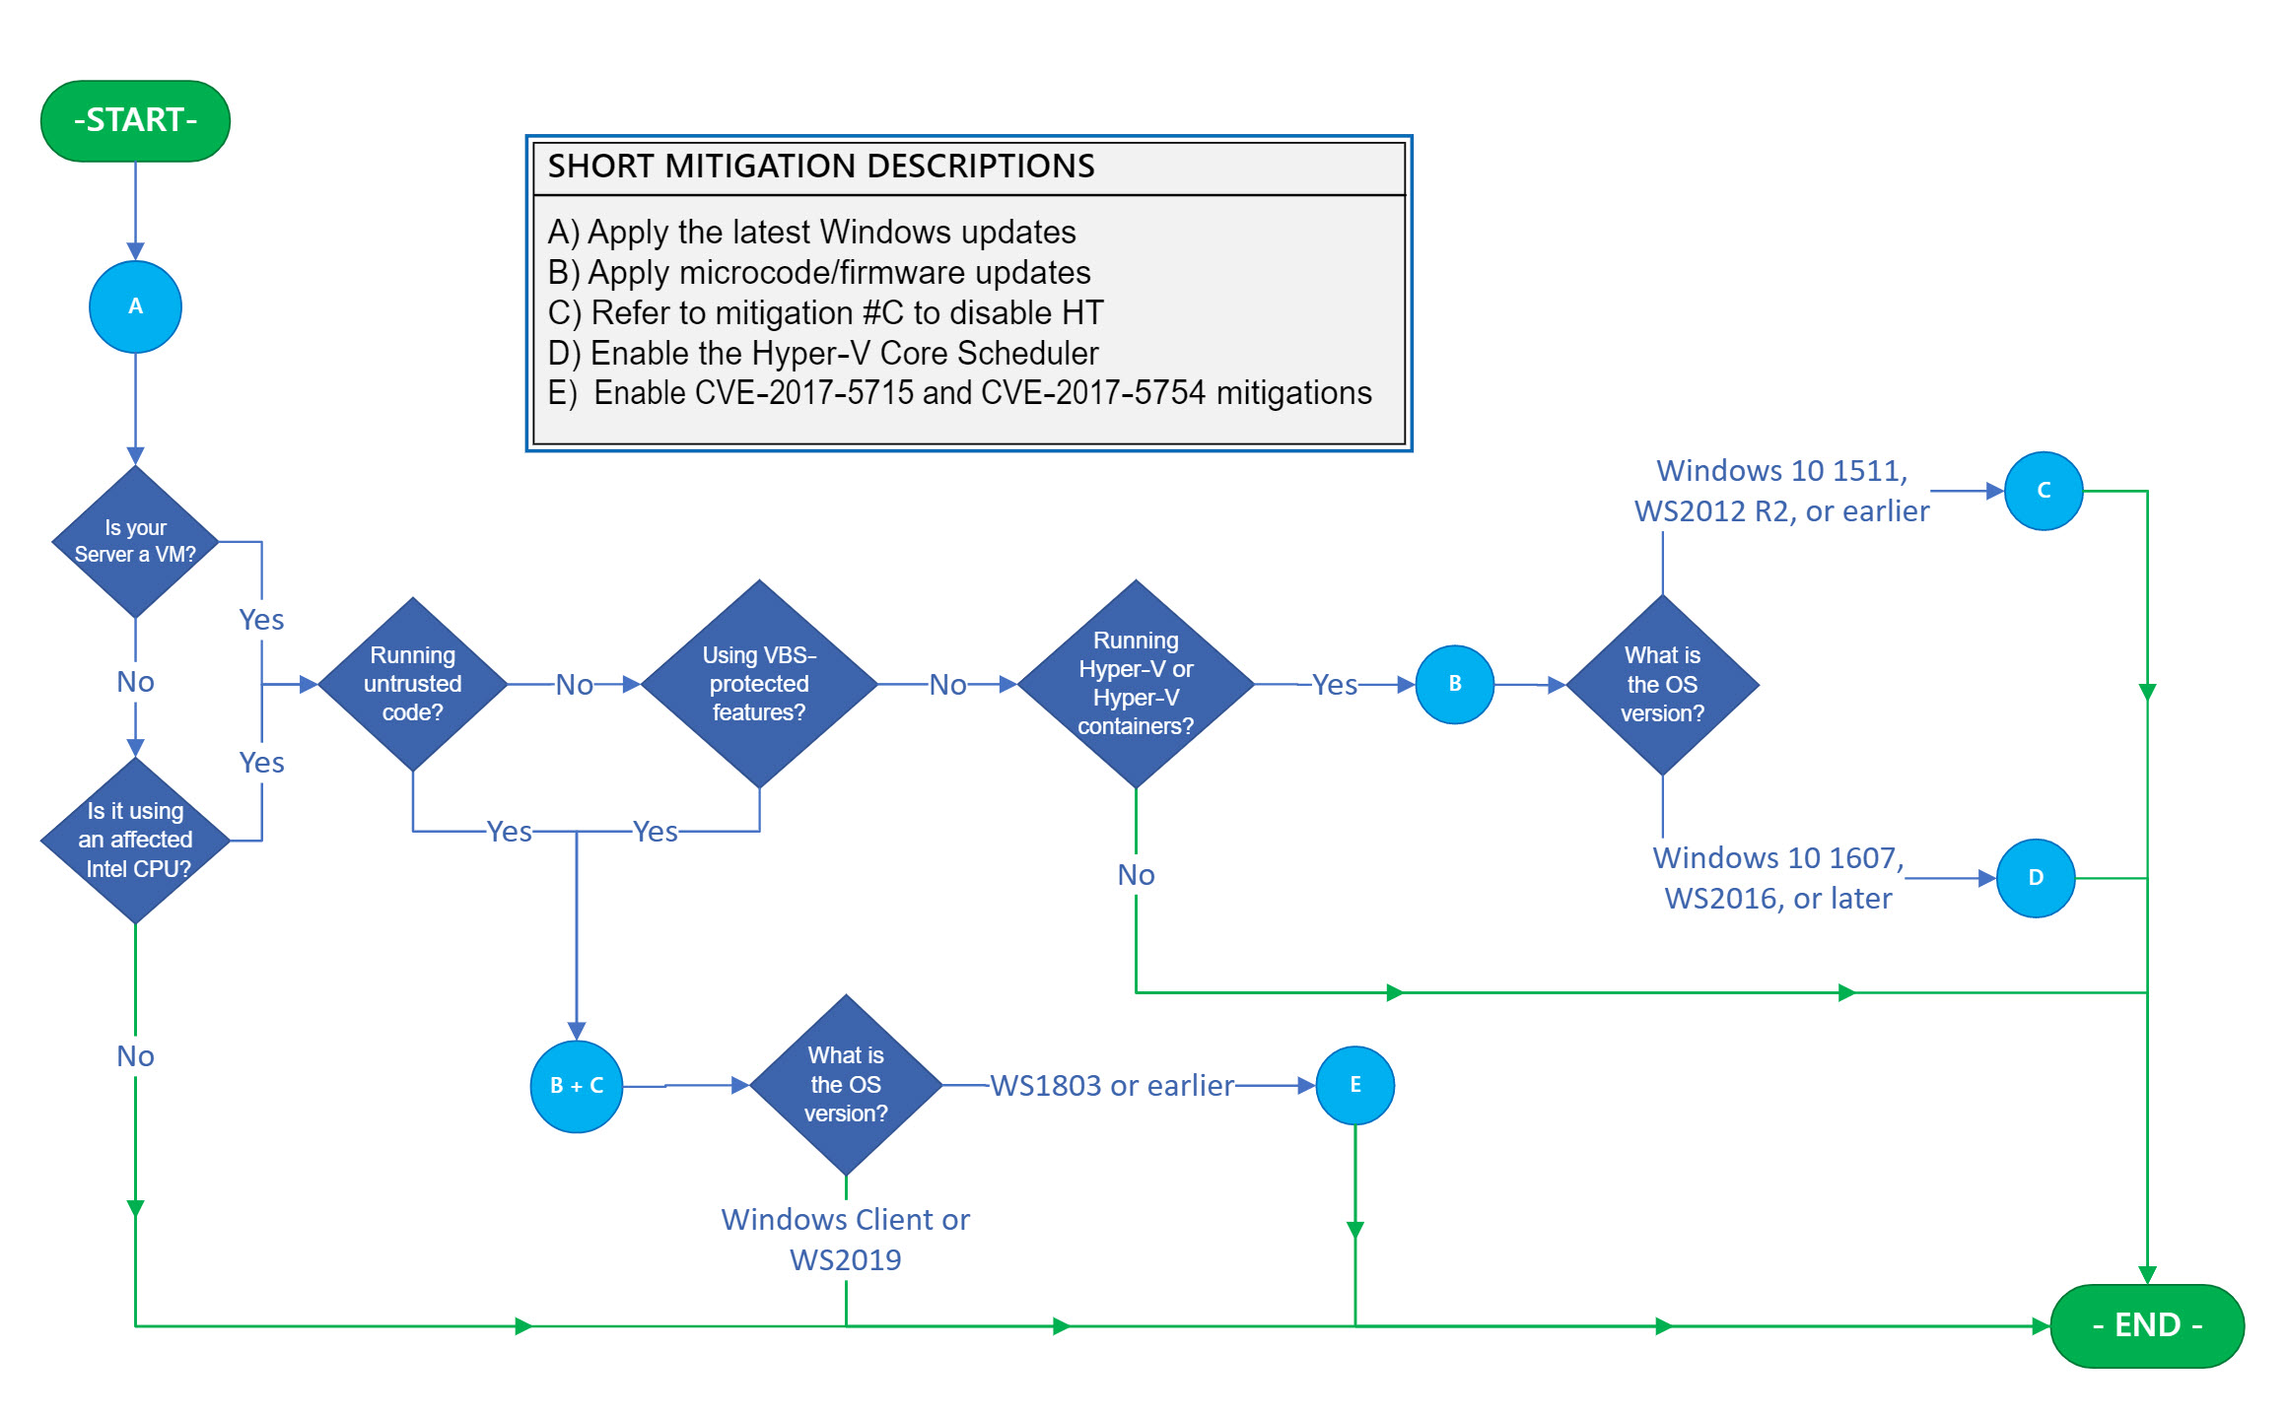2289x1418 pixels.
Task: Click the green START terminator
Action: coord(135,120)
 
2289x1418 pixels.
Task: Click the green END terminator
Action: coord(2146,1324)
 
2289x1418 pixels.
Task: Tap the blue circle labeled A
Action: coord(135,306)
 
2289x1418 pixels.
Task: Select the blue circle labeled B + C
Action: coord(577,1086)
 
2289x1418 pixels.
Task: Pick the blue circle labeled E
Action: coord(1354,1085)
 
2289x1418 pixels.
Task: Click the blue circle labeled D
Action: coord(2035,878)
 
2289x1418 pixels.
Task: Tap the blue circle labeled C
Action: coord(2043,491)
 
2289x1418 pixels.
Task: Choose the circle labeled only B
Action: coord(1454,684)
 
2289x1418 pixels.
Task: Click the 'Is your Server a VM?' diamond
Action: coord(135,541)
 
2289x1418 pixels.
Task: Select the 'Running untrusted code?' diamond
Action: coord(412,684)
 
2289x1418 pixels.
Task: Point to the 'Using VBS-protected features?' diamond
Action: coord(759,684)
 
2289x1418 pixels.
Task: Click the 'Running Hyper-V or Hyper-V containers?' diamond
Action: coord(1136,684)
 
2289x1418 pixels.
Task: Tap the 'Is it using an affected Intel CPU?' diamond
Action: coord(135,840)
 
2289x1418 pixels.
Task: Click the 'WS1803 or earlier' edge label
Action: coord(1111,1085)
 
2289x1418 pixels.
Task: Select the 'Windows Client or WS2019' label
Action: coord(845,1239)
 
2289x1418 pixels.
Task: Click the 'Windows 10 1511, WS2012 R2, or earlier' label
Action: coord(1780,491)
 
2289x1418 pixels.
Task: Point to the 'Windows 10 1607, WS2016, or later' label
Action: coord(1777,878)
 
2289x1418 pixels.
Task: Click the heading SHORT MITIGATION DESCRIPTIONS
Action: coord(820,166)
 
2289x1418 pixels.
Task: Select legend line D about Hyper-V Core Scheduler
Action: coord(822,353)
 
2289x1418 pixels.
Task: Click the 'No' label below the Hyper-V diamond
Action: coord(1136,874)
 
